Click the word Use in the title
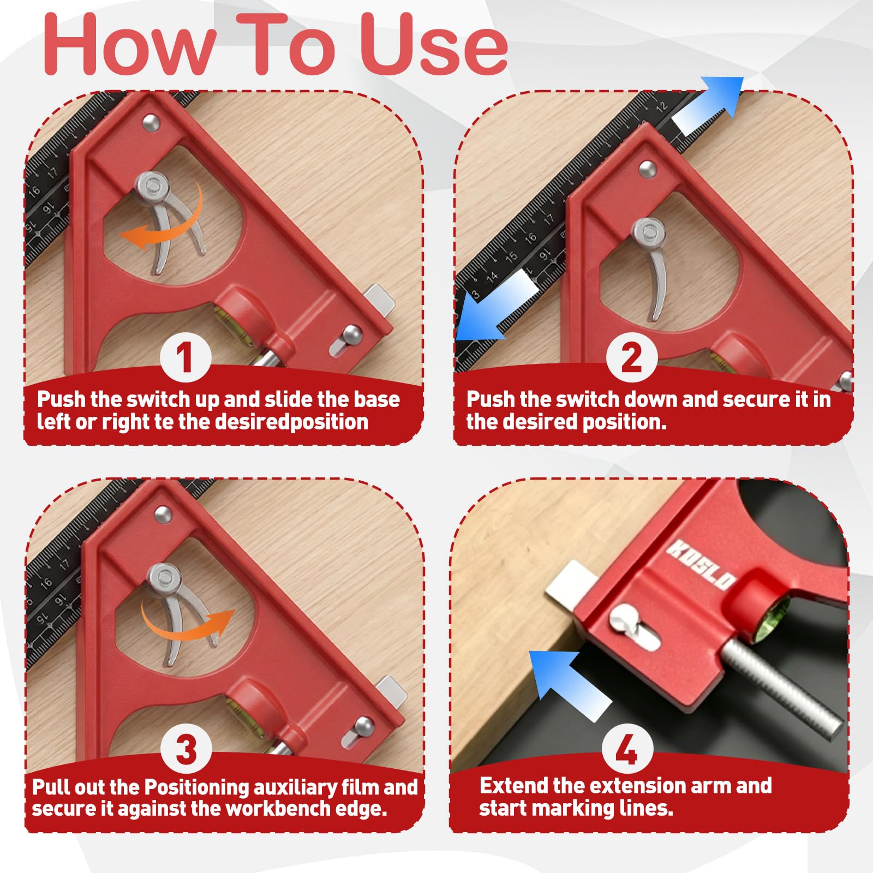[434, 45]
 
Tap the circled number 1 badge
[186, 357]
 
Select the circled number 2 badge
[631, 357]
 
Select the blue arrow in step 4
[567, 685]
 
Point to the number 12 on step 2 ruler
[661, 106]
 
